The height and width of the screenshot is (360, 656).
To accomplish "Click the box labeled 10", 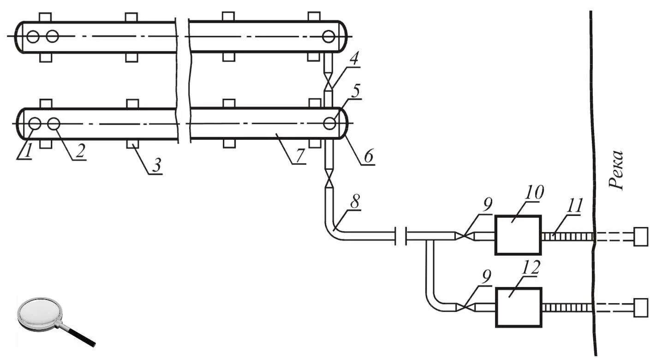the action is coord(517,235).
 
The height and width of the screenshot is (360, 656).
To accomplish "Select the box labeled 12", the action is coord(518,307).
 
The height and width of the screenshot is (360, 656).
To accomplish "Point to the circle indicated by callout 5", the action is coord(329,123).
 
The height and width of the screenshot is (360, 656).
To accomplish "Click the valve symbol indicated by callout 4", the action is coord(328,84).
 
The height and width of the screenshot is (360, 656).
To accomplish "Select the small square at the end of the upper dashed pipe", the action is coord(641,236).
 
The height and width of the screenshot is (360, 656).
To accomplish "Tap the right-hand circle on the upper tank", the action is coord(329,36).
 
